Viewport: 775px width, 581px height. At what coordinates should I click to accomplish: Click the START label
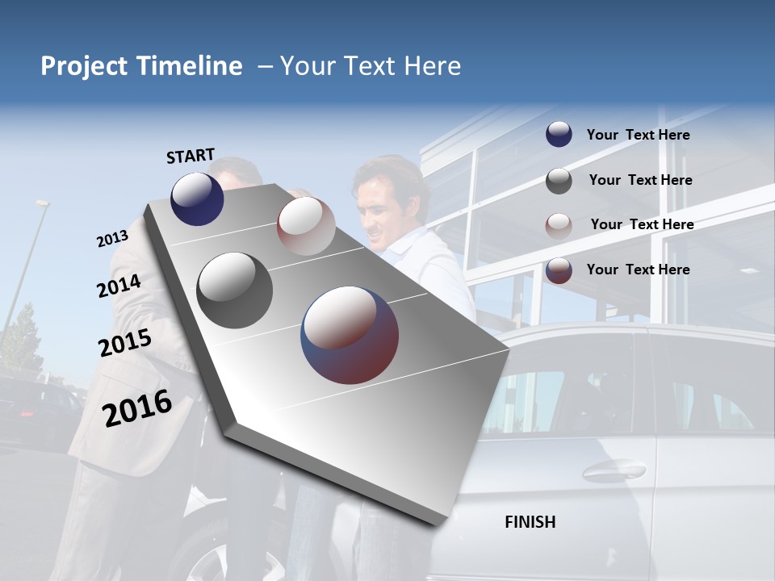coord(191,156)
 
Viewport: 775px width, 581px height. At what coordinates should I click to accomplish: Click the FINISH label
coord(530,522)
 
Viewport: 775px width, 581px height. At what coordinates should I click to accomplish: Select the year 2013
coord(112,239)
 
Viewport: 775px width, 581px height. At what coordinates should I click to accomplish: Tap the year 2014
coord(119,286)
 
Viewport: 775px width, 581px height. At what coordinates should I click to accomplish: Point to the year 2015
coord(125,343)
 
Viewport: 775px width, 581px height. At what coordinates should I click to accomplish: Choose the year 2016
coord(137,408)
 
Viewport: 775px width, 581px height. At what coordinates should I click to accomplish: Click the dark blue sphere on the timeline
coord(198,199)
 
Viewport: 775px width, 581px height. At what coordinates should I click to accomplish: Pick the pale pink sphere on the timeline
coord(306,226)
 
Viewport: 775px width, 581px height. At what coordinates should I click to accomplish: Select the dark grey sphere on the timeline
coord(235,290)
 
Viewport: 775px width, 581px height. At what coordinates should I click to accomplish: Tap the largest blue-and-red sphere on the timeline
coord(350,335)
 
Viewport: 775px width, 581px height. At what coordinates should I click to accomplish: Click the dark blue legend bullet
coord(559,135)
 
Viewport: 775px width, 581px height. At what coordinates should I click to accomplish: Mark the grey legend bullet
coord(559,181)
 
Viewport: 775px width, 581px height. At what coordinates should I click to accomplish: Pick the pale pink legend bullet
coord(559,225)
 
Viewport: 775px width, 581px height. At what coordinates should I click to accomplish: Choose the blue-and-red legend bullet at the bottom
coord(559,270)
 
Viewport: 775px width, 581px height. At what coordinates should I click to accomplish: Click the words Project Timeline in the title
coord(141,66)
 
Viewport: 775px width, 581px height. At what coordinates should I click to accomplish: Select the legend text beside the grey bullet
coord(640,180)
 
